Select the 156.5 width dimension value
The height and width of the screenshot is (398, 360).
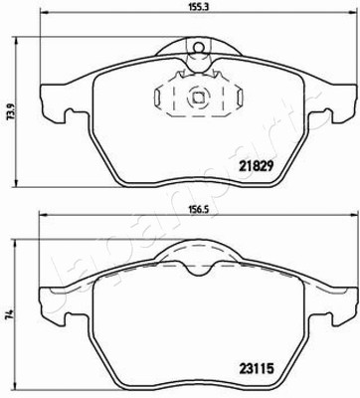pyautogui.click(x=196, y=210)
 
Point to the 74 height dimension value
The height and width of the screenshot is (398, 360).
pyautogui.click(x=10, y=313)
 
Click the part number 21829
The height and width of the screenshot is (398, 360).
pyautogui.click(x=256, y=165)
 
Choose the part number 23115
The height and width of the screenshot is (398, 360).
pyautogui.click(x=256, y=368)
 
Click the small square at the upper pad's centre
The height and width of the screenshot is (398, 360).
pyautogui.click(x=198, y=98)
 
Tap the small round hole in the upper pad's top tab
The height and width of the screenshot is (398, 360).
pyautogui.click(x=199, y=48)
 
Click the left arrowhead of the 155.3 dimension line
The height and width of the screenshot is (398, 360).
pyautogui.click(x=43, y=13)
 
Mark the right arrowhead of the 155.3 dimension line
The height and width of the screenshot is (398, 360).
pyautogui.click(x=351, y=13)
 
